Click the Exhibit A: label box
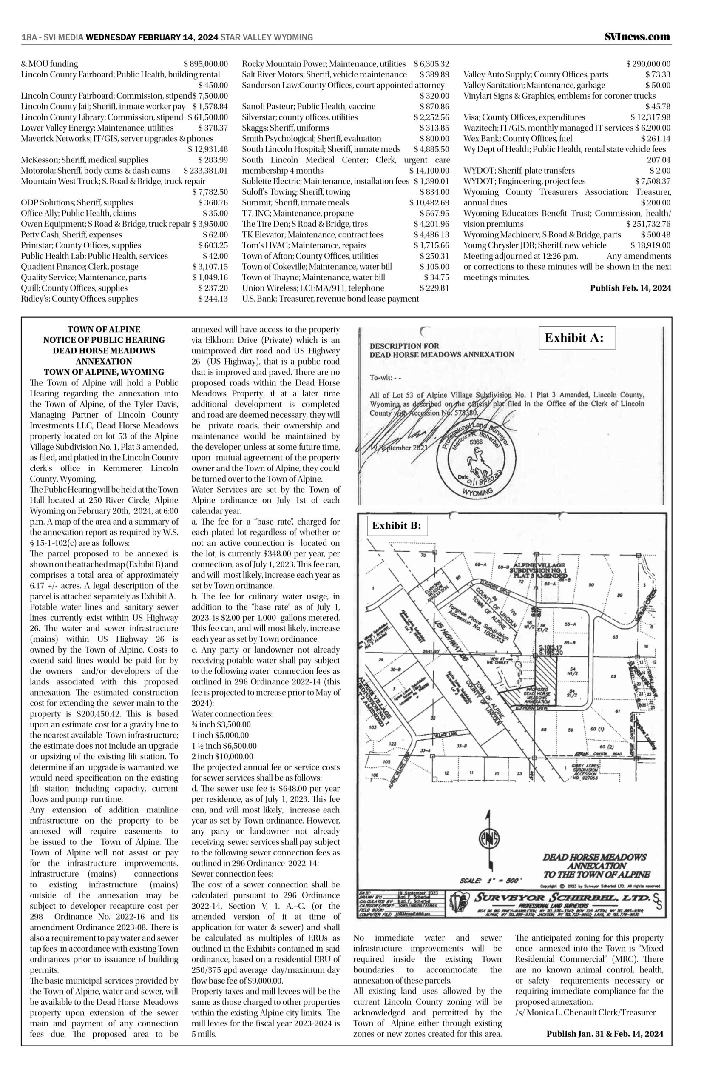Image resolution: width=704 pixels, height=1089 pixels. pos(577,338)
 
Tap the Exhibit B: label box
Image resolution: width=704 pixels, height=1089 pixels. pos(396,525)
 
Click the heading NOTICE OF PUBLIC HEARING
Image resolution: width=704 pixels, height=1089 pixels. pos(104,340)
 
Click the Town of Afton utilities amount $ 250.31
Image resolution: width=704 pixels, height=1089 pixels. pos(434,256)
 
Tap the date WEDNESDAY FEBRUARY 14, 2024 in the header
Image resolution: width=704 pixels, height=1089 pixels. pos(151,37)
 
